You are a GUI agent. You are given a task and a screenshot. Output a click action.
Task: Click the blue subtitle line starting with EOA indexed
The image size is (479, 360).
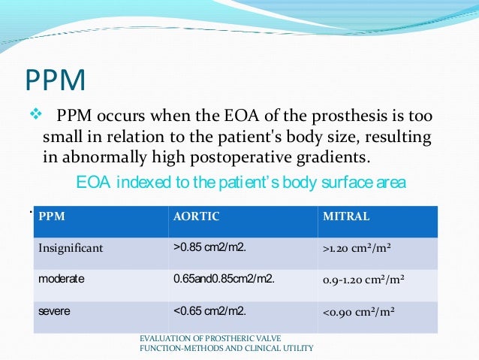click(240, 183)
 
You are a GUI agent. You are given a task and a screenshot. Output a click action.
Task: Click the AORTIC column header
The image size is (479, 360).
click(196, 216)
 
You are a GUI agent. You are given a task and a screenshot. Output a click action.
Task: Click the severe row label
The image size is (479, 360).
click(55, 310)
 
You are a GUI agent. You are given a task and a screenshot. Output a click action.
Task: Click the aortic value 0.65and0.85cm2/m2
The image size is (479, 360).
click(224, 278)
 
